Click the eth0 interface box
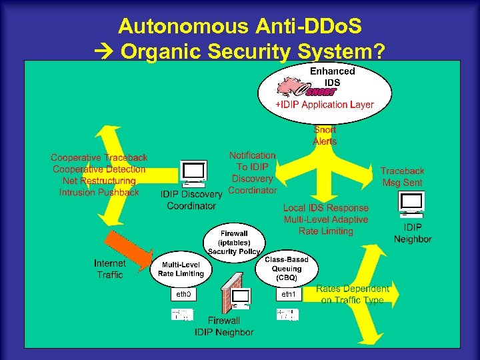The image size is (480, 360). click(x=184, y=294)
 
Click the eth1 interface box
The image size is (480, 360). click(x=289, y=294)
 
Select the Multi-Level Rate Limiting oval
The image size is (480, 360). click(x=181, y=268)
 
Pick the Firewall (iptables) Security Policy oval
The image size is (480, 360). click(x=234, y=243)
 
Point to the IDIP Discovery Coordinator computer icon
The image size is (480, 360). click(x=193, y=173)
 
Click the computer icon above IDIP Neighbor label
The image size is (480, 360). click(x=411, y=203)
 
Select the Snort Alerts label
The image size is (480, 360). click(x=325, y=135)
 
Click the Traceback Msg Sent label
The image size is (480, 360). click(x=402, y=177)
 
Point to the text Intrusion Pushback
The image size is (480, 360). click(x=99, y=193)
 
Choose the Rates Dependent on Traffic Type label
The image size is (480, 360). click(x=353, y=295)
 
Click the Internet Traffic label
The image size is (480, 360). click(x=109, y=269)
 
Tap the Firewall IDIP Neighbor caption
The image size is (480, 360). click(x=224, y=326)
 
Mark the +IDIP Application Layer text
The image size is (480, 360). click(x=325, y=105)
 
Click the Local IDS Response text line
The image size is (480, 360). click(x=325, y=208)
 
